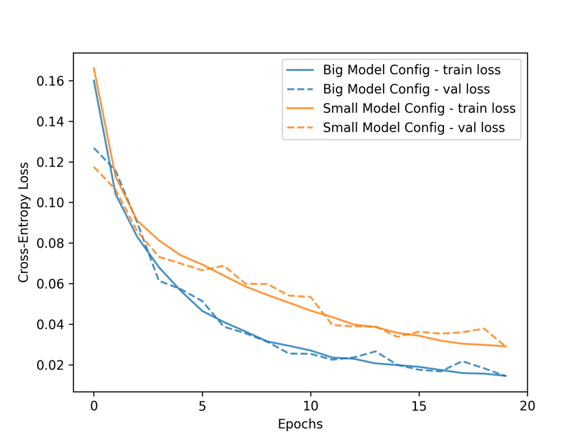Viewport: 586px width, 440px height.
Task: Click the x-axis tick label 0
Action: [94, 405]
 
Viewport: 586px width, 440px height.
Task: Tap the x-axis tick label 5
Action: [202, 405]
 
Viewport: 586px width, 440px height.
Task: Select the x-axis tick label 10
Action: [311, 405]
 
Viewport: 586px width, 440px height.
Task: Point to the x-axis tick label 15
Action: [419, 405]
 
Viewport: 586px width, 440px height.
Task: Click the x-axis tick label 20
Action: [527, 405]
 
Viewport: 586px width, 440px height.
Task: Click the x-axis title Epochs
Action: [300, 424]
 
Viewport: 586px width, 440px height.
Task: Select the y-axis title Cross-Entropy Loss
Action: [23, 222]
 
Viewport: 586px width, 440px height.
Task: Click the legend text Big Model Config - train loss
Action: [412, 69]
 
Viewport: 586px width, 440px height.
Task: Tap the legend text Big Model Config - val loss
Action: [406, 89]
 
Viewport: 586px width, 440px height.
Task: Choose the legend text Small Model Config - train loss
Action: [419, 108]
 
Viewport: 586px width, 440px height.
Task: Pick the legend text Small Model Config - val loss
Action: [413, 128]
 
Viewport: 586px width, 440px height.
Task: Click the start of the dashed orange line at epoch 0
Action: [94, 167]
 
